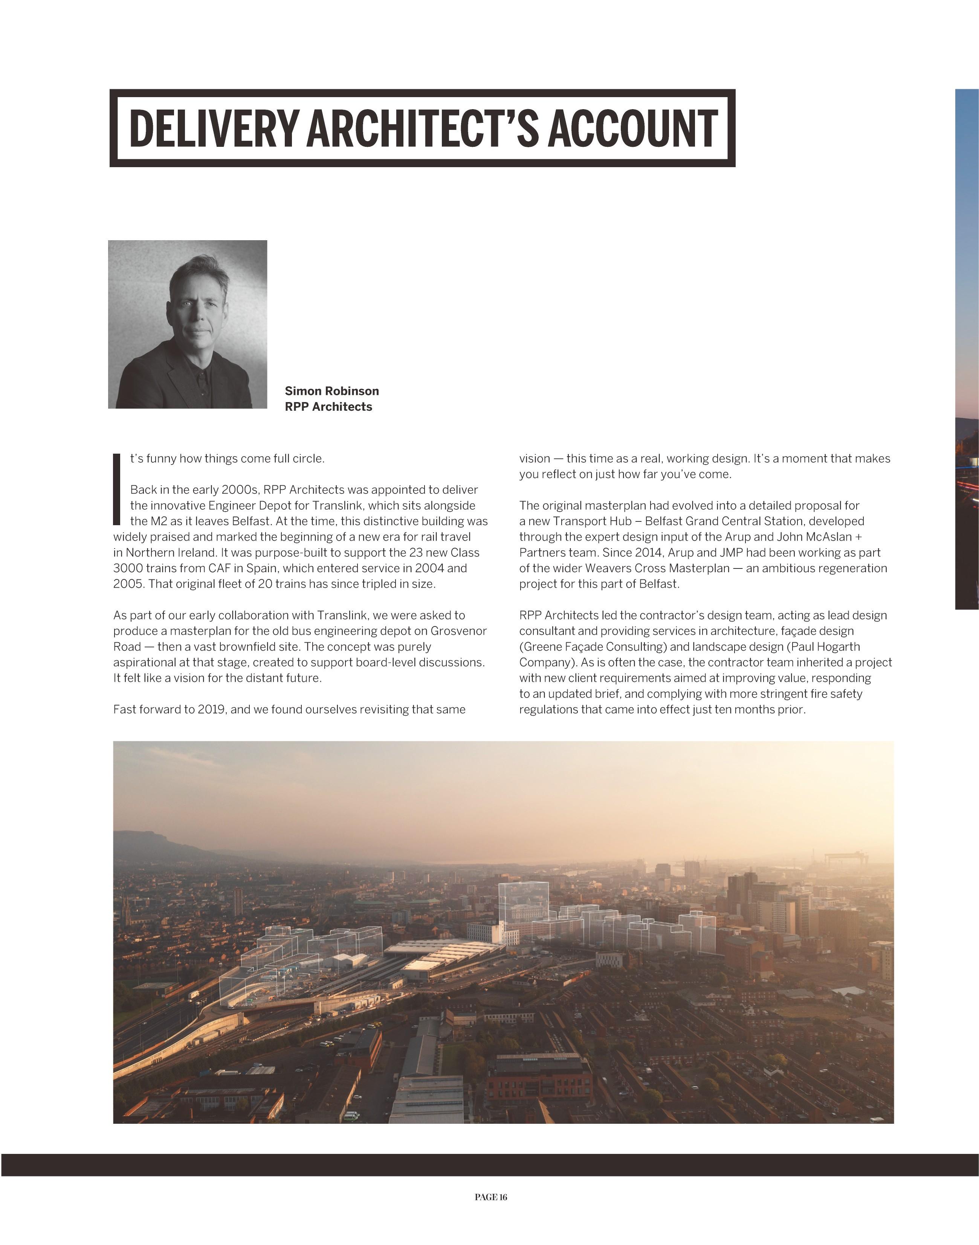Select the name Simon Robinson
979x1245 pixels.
click(x=331, y=391)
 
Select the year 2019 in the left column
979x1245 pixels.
click(x=213, y=709)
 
